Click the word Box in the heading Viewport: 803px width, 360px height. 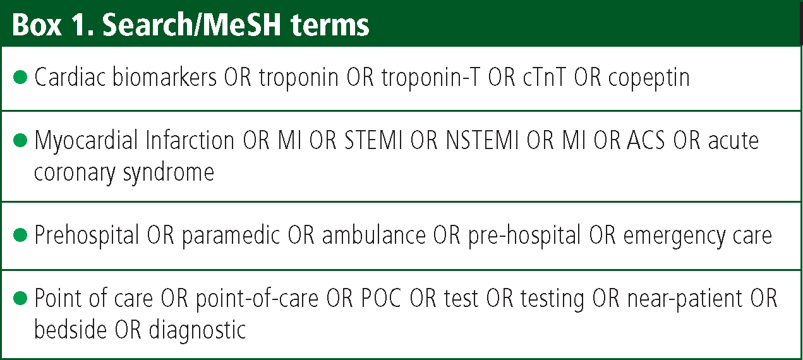pyautogui.click(x=37, y=25)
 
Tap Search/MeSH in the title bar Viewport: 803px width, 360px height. pyautogui.click(x=191, y=25)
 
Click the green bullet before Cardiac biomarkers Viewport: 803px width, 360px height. pyautogui.click(x=20, y=77)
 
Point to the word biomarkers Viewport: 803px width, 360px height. pyautogui.click(x=164, y=76)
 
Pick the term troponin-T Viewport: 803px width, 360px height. pyautogui.click(x=430, y=78)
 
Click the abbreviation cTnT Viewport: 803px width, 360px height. pyautogui.click(x=544, y=78)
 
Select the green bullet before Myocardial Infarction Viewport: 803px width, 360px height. pyautogui.click(x=20, y=140)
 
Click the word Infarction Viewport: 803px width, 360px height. pyautogui.click(x=190, y=140)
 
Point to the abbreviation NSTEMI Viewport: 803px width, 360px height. pyautogui.click(x=482, y=140)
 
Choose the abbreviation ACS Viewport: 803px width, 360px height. pyautogui.click(x=646, y=140)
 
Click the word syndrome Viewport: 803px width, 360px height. pyautogui.click(x=169, y=174)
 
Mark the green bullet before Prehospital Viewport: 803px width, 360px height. pyautogui.click(x=20, y=235)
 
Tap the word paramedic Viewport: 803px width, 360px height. pyautogui.click(x=231, y=236)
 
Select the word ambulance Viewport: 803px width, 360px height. pyautogui.click(x=373, y=235)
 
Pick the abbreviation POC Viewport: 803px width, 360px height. pyautogui.click(x=381, y=298)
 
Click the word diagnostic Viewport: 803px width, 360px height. pyautogui.click(x=197, y=330)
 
